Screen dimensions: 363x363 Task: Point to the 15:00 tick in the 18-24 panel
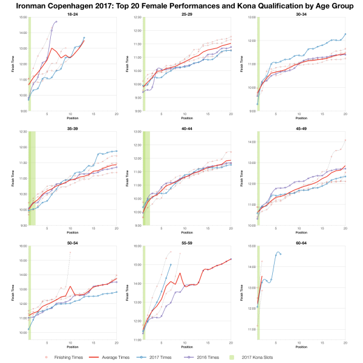(22, 18)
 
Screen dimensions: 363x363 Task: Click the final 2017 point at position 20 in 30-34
(345, 34)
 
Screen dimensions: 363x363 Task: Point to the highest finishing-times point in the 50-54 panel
(70, 252)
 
